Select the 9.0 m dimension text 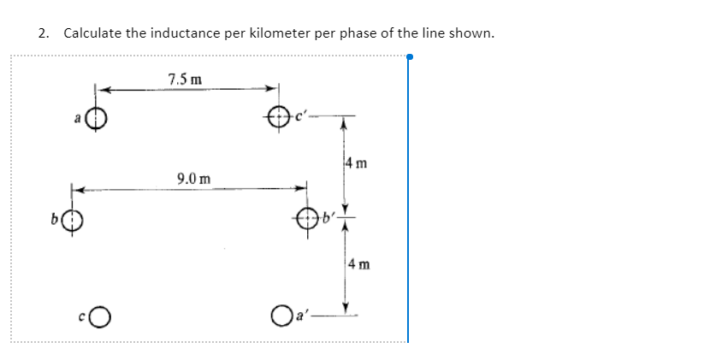(191, 179)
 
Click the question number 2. (43, 34)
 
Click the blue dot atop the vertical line (410, 58)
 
